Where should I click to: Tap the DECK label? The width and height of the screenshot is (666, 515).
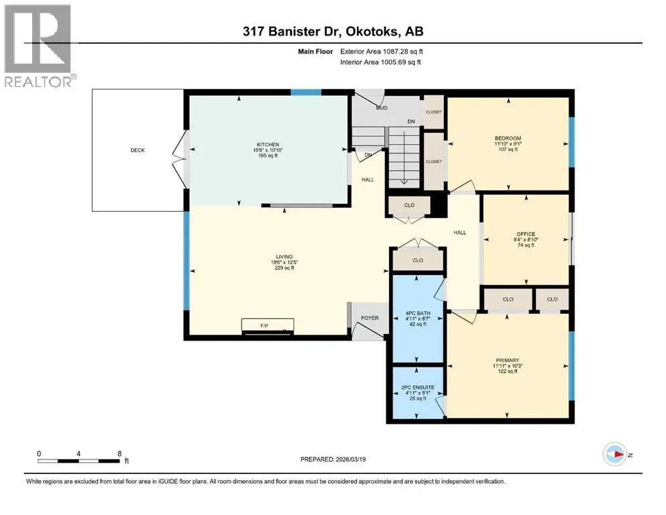[137, 150]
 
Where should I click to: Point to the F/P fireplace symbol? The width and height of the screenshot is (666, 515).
[268, 326]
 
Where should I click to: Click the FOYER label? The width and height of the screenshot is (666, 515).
[370, 318]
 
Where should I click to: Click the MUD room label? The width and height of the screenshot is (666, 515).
[382, 108]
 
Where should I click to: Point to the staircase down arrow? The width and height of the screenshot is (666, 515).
[404, 158]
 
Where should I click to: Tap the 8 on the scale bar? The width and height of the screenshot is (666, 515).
[119, 453]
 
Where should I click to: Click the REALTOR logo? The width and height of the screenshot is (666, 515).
[40, 46]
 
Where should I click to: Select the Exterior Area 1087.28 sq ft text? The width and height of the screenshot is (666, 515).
[382, 52]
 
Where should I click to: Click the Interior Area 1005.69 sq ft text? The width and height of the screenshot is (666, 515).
[380, 62]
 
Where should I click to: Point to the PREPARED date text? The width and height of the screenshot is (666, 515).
[333, 459]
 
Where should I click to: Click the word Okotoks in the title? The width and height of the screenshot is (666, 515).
[372, 32]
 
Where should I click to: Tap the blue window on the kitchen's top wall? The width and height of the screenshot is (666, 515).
[306, 92]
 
